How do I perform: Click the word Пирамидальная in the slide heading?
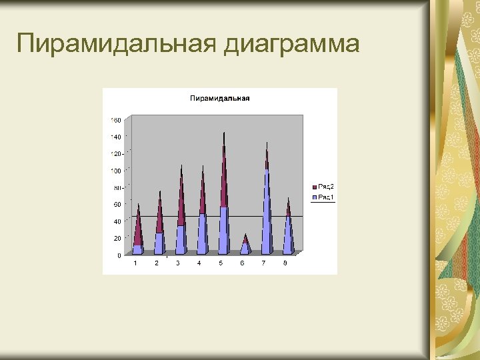117,45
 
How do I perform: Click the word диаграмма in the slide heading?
292,45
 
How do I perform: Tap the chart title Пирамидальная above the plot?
220,99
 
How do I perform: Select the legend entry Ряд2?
325,186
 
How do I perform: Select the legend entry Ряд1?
325,197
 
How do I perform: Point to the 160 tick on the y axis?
116,121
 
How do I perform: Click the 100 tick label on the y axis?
116,171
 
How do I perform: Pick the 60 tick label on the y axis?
117,205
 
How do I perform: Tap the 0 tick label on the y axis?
119,255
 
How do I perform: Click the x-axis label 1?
135,263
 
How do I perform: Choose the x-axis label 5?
221,263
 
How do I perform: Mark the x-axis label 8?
285,263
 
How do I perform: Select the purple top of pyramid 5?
224,180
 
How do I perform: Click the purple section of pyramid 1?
138,230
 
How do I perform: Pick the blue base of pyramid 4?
202,235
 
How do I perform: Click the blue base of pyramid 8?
288,237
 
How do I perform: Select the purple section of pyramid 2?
159,217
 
